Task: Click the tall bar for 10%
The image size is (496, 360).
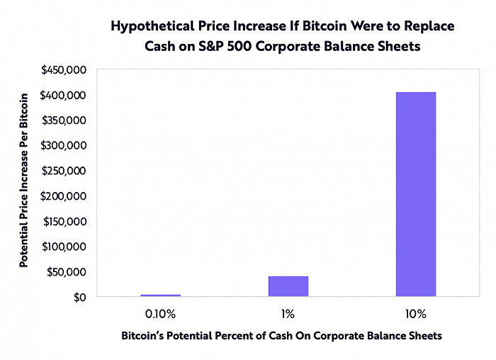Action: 416,193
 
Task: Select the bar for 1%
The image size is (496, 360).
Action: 288,286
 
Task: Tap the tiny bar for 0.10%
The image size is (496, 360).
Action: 161,295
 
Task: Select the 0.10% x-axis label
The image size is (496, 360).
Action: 161,313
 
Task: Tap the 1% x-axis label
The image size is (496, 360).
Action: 288,313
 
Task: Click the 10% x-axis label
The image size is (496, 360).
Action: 416,313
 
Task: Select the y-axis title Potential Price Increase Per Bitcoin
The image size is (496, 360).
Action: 24,179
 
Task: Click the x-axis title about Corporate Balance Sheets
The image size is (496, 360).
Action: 281,336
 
